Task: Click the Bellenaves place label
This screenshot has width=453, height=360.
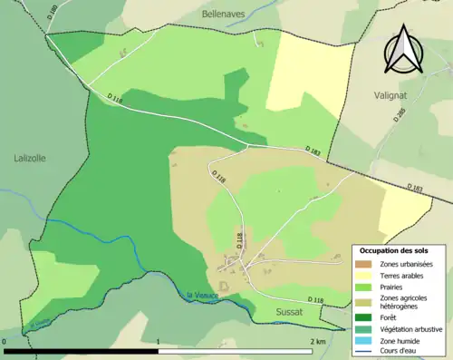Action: coord(226,15)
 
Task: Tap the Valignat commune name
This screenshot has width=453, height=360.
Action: coord(392,93)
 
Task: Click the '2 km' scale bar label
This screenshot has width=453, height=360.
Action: coord(317,342)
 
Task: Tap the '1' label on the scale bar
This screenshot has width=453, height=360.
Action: coord(159,342)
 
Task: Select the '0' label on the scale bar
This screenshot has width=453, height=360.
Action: coord(5,342)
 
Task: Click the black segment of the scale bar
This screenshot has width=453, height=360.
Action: coord(82,351)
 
